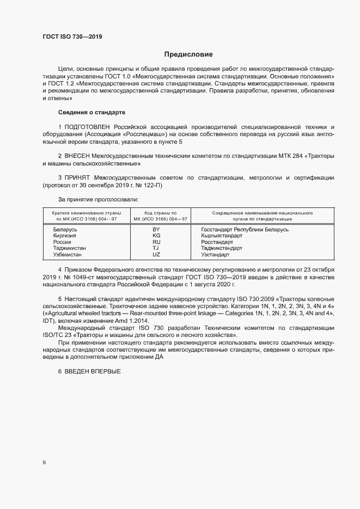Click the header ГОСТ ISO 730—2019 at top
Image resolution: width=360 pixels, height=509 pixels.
click(x=72, y=37)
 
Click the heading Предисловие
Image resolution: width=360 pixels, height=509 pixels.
click(x=188, y=54)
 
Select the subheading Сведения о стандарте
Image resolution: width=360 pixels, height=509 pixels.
click(x=91, y=112)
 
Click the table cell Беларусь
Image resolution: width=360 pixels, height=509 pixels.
click(x=65, y=230)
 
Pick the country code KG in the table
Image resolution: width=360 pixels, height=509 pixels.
click(x=156, y=236)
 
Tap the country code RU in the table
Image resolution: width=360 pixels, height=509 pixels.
click(x=156, y=242)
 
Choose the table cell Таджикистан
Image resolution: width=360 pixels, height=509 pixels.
click(x=69, y=248)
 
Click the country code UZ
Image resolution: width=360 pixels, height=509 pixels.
click(x=156, y=254)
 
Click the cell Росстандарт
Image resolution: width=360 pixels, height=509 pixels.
click(x=218, y=242)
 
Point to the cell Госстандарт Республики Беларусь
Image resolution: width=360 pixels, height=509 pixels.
click(x=245, y=230)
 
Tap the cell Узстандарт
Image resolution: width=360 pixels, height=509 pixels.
click(x=216, y=254)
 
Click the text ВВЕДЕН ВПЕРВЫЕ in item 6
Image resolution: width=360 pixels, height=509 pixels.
click(x=92, y=371)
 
